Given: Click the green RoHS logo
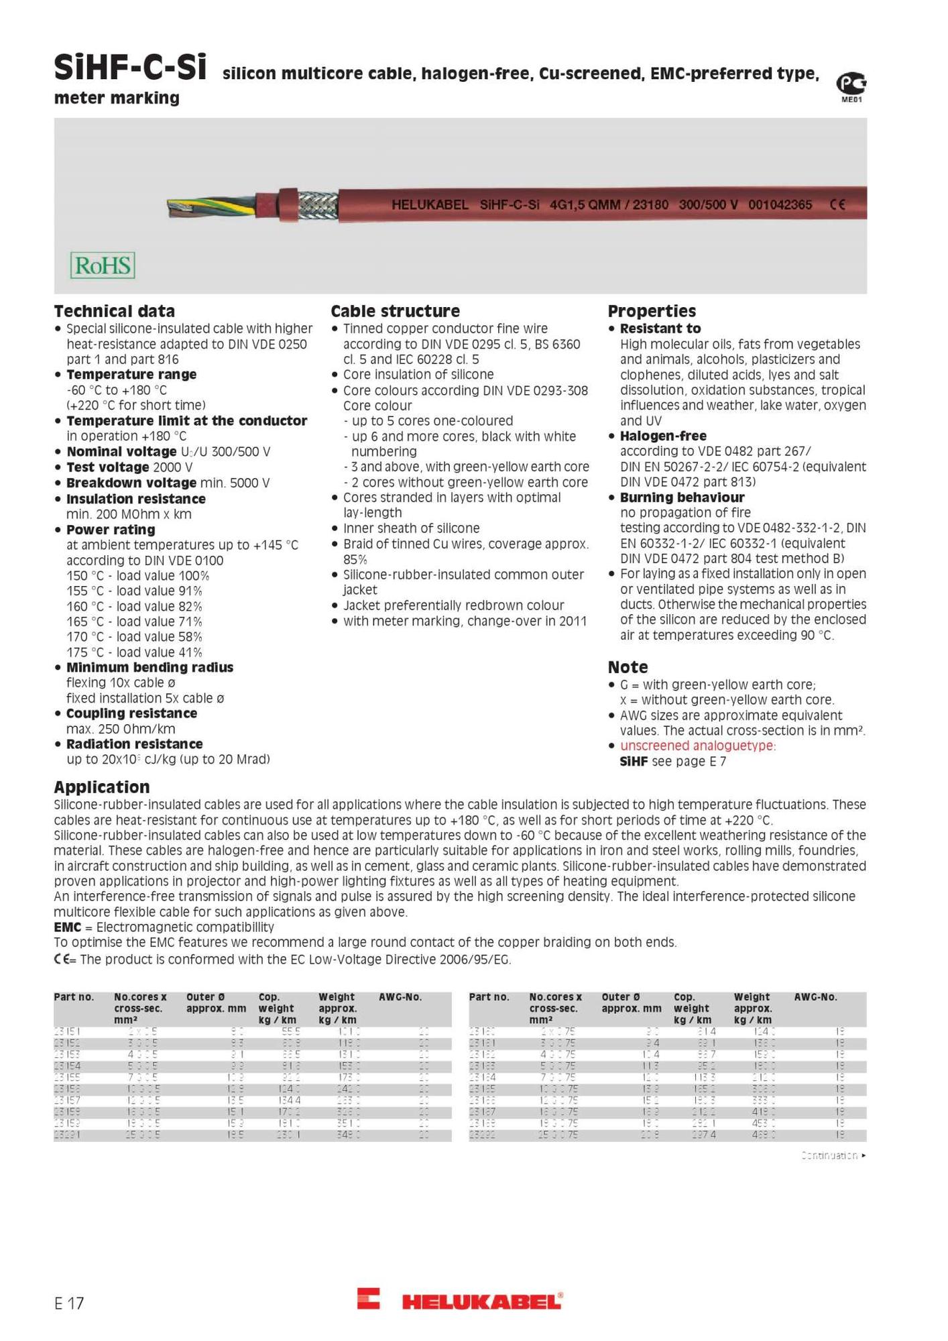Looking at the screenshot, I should click(103, 266).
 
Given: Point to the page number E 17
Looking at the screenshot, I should click(69, 1303).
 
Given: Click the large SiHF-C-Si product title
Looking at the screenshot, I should click(130, 68).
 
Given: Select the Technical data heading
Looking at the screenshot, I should click(114, 311).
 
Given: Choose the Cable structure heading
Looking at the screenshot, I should click(395, 311).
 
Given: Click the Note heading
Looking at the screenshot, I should click(628, 667).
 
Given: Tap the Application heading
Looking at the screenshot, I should click(102, 787).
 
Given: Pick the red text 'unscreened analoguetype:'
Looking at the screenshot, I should click(697, 746).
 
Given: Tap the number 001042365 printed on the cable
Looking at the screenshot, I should click(780, 205).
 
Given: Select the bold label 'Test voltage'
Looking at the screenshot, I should click(107, 467).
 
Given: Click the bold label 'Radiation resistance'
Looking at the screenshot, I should click(134, 744).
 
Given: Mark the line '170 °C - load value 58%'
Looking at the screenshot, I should click(134, 637).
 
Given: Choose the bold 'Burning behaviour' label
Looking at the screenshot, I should click(682, 498).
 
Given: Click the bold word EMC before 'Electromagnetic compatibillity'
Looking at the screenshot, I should click(67, 927).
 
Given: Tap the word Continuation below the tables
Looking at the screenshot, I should click(829, 1155).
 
